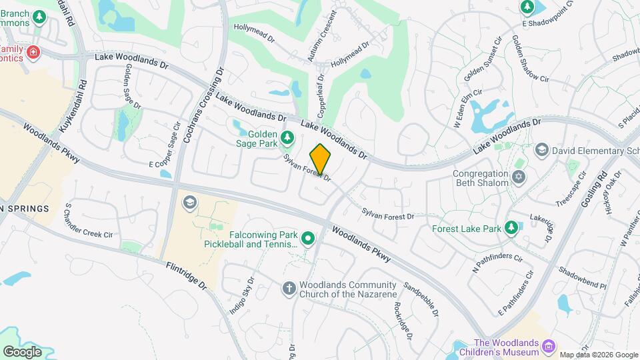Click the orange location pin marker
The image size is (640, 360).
(x=321, y=159)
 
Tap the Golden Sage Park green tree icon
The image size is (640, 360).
(x=287, y=138)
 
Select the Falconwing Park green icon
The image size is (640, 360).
(x=308, y=238)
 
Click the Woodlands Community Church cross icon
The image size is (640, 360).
(x=289, y=288)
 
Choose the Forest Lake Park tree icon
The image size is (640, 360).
(x=511, y=228)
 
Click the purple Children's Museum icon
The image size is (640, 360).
(x=549, y=346)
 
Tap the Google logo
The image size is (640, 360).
(x=22, y=351)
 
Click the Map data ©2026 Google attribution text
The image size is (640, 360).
(x=599, y=355)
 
